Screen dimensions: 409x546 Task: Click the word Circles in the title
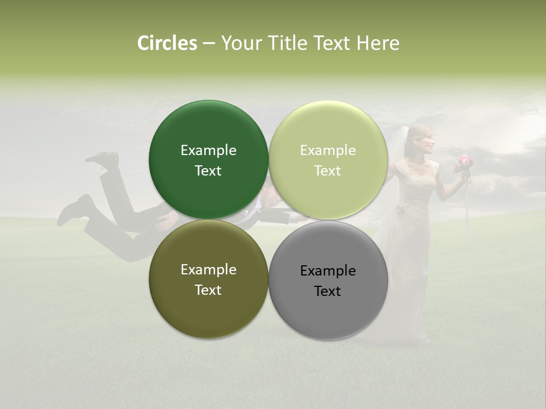pos(167,43)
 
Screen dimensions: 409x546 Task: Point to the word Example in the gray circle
pos(328,271)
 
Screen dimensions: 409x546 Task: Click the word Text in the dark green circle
pos(208,171)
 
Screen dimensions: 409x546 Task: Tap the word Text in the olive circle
pos(208,290)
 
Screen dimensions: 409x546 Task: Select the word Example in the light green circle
pos(328,151)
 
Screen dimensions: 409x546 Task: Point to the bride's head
pos(422,138)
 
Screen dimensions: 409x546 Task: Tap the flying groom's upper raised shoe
pos(103,159)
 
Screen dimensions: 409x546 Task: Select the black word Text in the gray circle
pos(328,291)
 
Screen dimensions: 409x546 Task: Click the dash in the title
pos(209,44)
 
